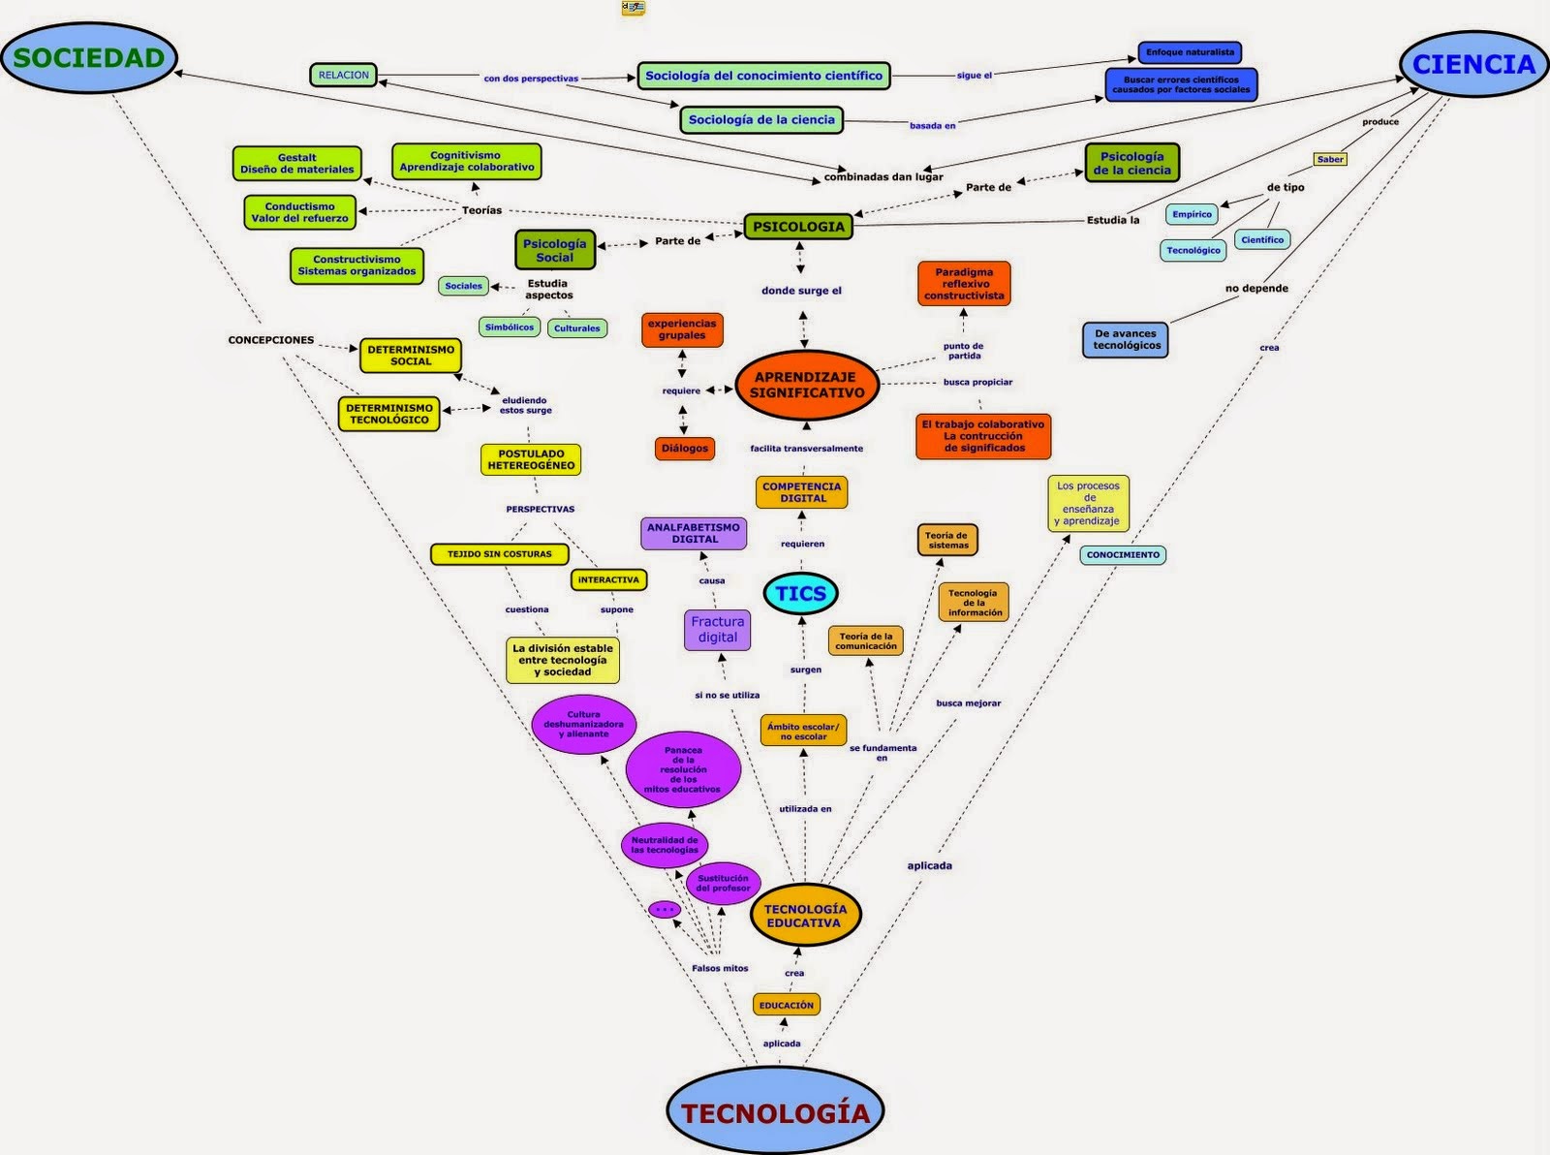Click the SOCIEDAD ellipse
point(89,58)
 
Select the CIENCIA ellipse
point(1473,65)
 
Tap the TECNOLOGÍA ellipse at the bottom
point(775,1112)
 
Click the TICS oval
point(800,594)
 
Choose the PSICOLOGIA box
point(798,227)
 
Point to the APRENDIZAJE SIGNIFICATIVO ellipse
point(807,386)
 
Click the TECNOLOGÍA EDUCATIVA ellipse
point(805,916)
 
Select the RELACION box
point(343,75)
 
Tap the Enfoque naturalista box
point(1190,52)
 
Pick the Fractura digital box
point(717,630)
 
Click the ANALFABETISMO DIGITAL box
point(695,533)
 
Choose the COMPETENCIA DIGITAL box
point(802,492)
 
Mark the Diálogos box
point(685,449)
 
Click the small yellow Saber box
point(1330,159)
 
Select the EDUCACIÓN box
point(786,1005)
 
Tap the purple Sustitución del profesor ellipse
point(723,883)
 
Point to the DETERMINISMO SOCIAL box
point(411,356)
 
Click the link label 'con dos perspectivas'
point(531,78)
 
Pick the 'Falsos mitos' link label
point(720,968)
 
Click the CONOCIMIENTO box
point(1123,555)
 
